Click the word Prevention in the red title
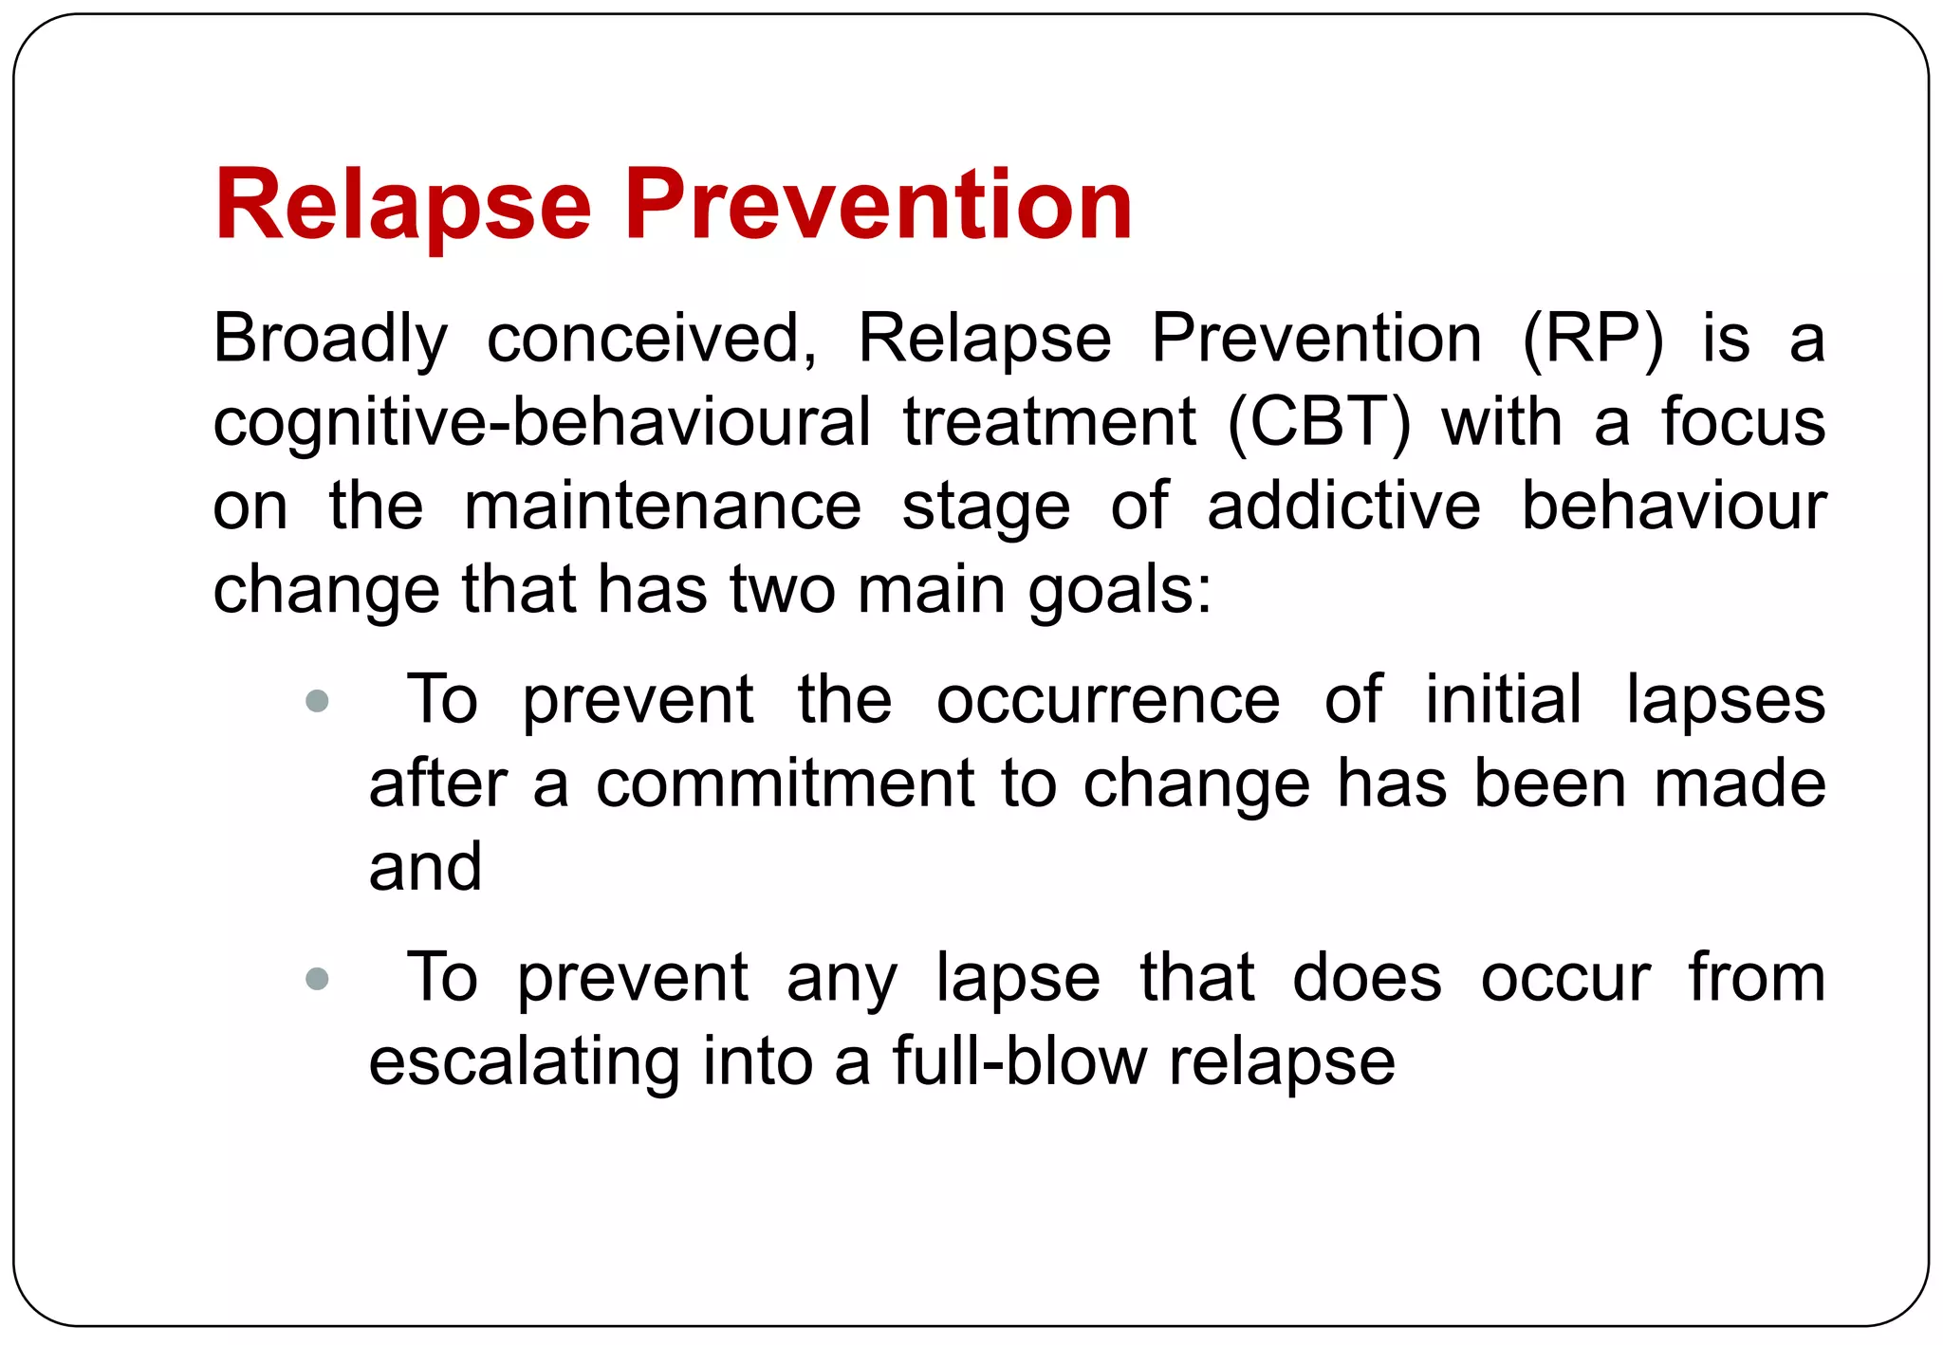[878, 204]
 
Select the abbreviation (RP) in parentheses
[1592, 340]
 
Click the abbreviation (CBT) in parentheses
[1319, 423]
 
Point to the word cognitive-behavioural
[541, 423]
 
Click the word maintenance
[662, 507]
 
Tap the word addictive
[1343, 507]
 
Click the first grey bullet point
[318, 702]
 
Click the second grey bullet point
[318, 979]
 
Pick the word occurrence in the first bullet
[1108, 702]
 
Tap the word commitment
[786, 785]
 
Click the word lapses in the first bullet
[1725, 702]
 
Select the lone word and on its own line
[426, 868]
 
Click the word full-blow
[1019, 1062]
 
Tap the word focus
[1743, 423]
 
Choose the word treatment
[1049, 423]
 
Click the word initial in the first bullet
[1503, 702]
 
